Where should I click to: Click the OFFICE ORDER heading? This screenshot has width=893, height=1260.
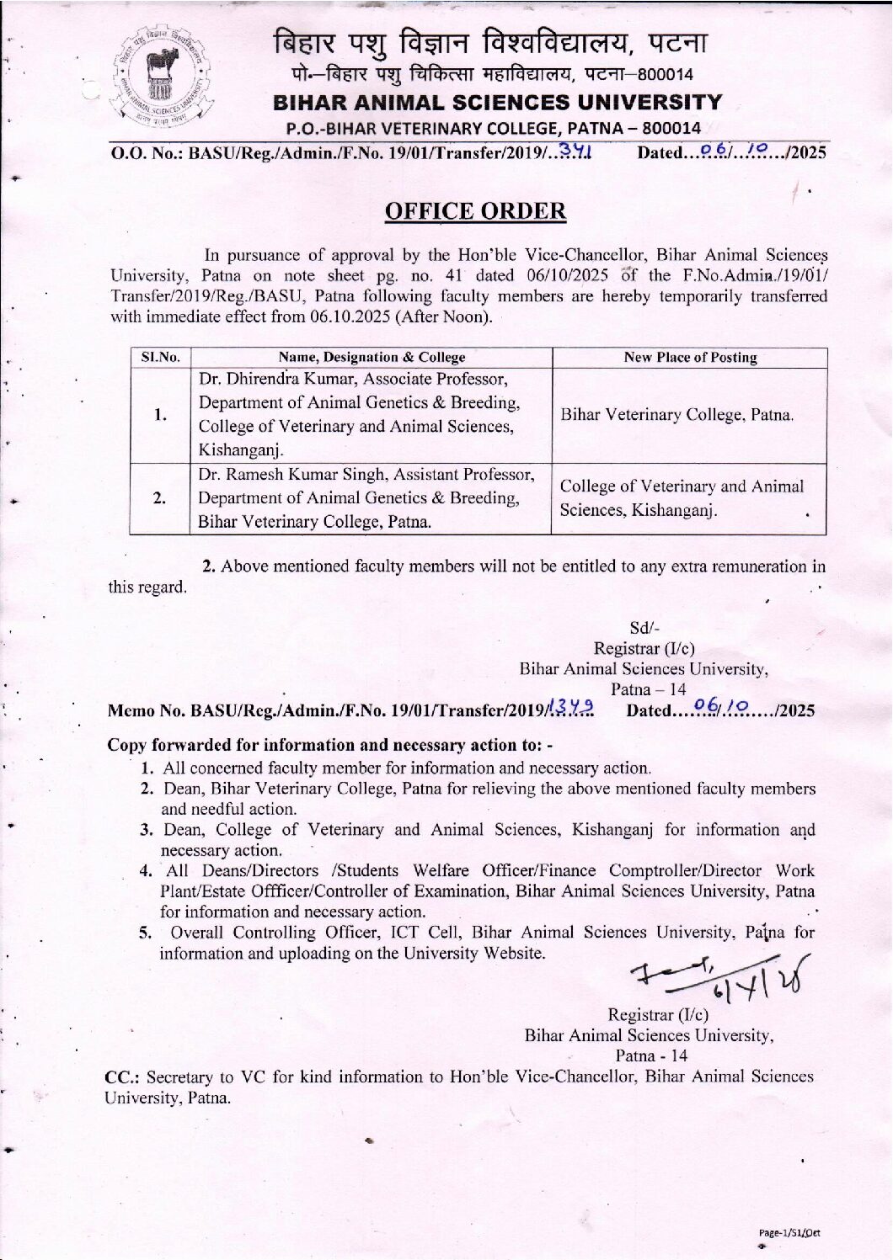(475, 210)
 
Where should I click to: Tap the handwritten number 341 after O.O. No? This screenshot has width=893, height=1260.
(576, 152)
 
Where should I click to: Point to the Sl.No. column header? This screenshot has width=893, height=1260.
(160, 357)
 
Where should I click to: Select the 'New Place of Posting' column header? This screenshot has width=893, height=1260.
(690, 357)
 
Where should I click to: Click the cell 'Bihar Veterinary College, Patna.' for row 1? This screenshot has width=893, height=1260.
(676, 415)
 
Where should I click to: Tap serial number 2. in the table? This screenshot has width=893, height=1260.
(160, 498)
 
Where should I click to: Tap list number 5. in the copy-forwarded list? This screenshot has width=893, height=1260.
(145, 933)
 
